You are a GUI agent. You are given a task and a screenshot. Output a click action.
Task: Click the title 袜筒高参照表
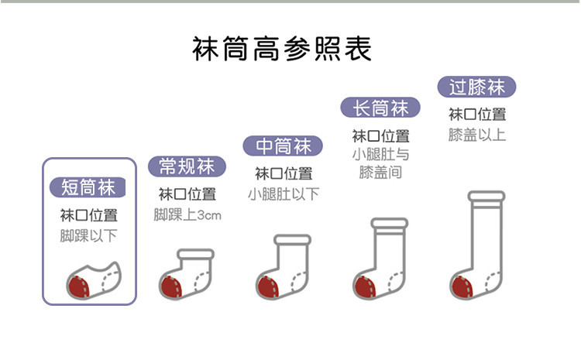coord(282,48)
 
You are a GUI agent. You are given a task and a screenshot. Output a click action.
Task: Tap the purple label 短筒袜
coord(88,187)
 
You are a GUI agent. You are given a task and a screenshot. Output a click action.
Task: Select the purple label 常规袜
coord(187,166)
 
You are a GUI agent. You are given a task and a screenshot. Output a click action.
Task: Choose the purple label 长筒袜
coord(380,108)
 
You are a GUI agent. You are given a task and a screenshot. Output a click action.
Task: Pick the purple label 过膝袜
coord(476,86)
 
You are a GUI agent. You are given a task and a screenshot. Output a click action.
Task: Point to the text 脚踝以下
coord(88,235)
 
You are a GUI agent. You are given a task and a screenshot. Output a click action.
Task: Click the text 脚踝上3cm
coord(187,214)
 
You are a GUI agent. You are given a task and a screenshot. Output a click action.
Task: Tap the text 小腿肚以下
coord(284,194)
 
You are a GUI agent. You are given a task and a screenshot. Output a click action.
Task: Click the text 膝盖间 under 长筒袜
coord(380,172)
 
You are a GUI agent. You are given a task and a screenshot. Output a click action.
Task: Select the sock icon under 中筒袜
coord(283,267)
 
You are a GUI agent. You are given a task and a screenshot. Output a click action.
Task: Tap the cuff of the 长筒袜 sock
coord(389,224)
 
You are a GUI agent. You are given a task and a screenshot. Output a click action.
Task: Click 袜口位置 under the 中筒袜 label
coord(284,173)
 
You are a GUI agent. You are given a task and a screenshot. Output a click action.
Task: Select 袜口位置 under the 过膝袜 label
coord(477,115)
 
